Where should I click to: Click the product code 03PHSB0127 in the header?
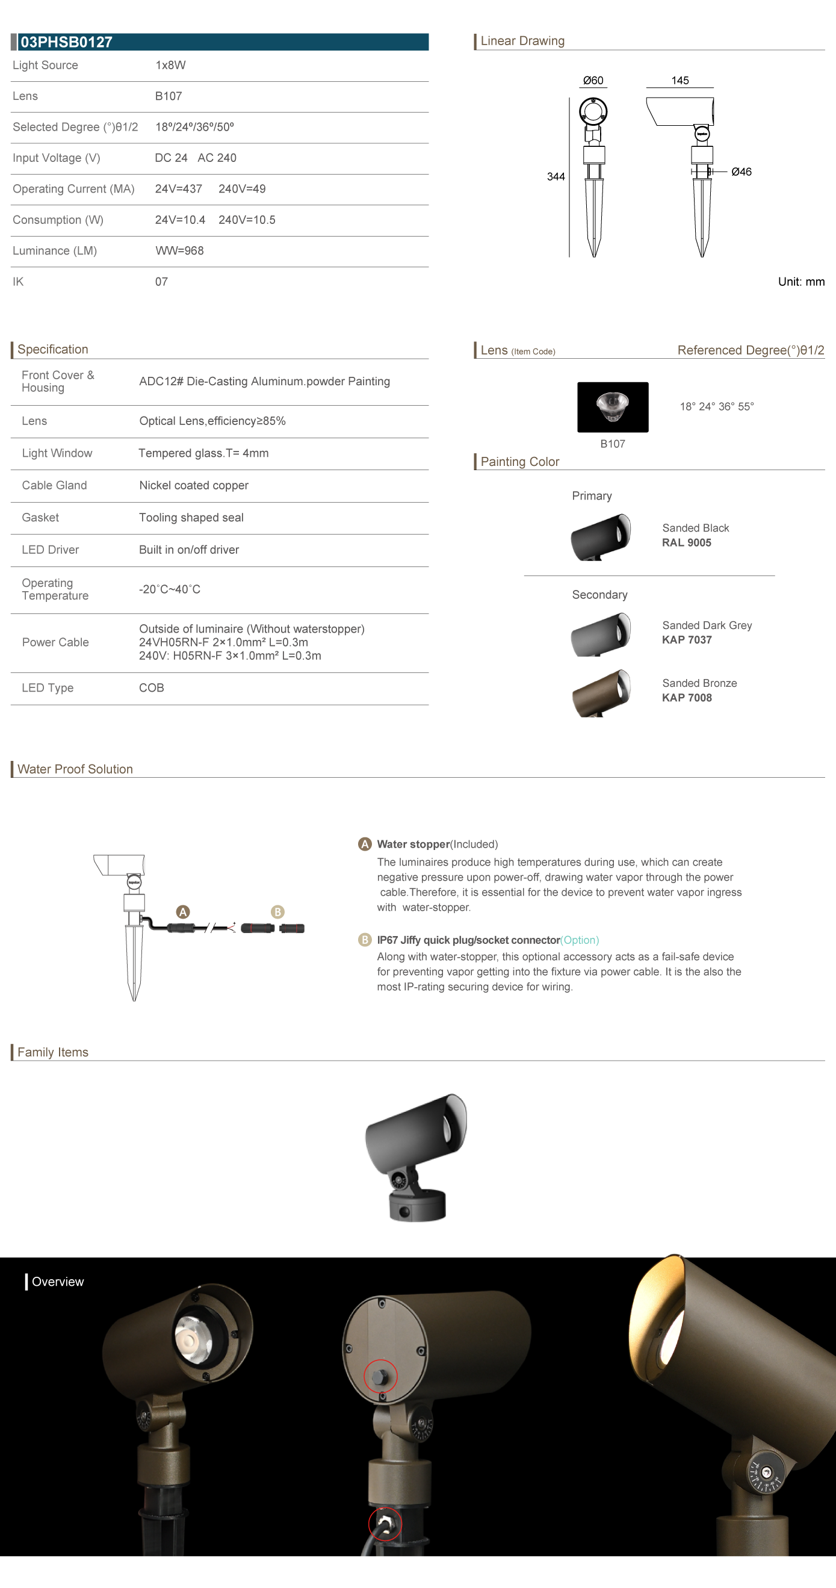pos(67,42)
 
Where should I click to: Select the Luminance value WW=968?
pos(179,251)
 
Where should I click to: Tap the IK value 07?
pos(161,282)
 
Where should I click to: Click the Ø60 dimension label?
pos(593,81)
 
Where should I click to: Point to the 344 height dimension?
pos(556,177)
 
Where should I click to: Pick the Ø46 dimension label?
pos(741,172)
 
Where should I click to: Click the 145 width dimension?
pos(680,81)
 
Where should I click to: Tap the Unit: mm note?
pos(801,282)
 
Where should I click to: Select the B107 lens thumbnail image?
pos(612,407)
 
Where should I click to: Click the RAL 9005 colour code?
pos(686,542)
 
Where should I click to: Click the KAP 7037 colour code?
pos(687,640)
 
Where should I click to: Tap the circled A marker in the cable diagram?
pos(183,912)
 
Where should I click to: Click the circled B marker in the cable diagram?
pos(277,912)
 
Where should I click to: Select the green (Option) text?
pos(580,940)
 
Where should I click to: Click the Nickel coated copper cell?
pos(194,486)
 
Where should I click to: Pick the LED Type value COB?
pos(152,688)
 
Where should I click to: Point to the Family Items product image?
pos(416,1158)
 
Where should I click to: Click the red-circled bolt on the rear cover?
pos(381,1376)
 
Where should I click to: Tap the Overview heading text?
pos(57,1282)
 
